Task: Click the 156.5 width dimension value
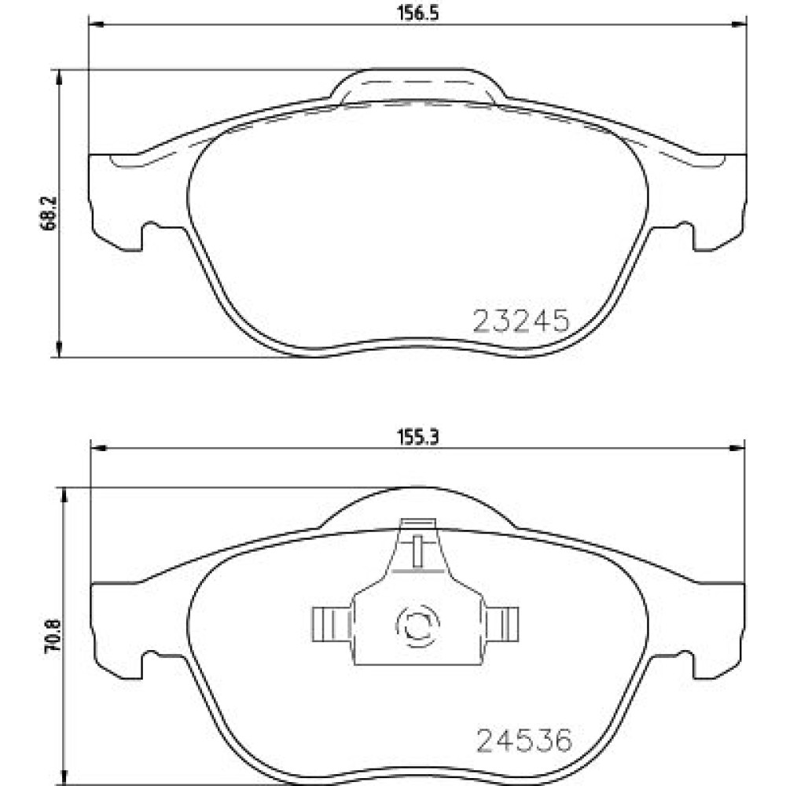point(418,13)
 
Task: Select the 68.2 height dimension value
point(49,213)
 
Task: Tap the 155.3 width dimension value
point(418,438)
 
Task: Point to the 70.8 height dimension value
point(52,635)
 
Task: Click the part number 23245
point(521,321)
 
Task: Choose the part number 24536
point(524,740)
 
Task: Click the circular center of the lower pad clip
point(417,625)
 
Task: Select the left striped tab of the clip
point(331,623)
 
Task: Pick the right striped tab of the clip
point(502,623)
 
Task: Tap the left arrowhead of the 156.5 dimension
point(96,24)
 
